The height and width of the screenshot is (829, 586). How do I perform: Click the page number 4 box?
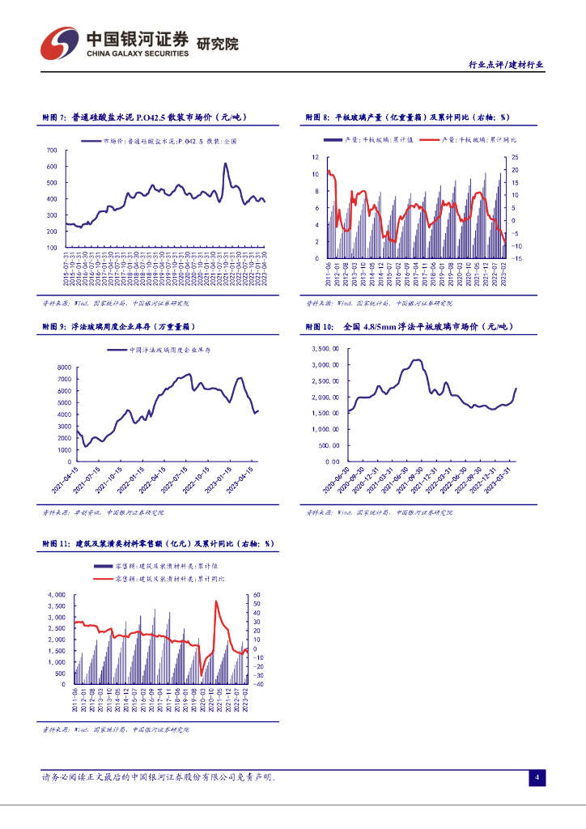click(536, 778)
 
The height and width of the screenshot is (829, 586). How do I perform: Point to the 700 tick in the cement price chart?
click(50, 151)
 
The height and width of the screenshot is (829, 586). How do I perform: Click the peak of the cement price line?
click(225, 164)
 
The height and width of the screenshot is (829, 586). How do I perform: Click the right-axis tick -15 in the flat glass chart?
click(517, 258)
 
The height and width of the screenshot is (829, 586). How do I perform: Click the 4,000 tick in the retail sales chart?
click(56, 594)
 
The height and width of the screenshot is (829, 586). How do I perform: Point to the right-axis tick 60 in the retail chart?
click(256, 594)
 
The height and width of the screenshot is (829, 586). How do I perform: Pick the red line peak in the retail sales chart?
click(216, 602)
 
